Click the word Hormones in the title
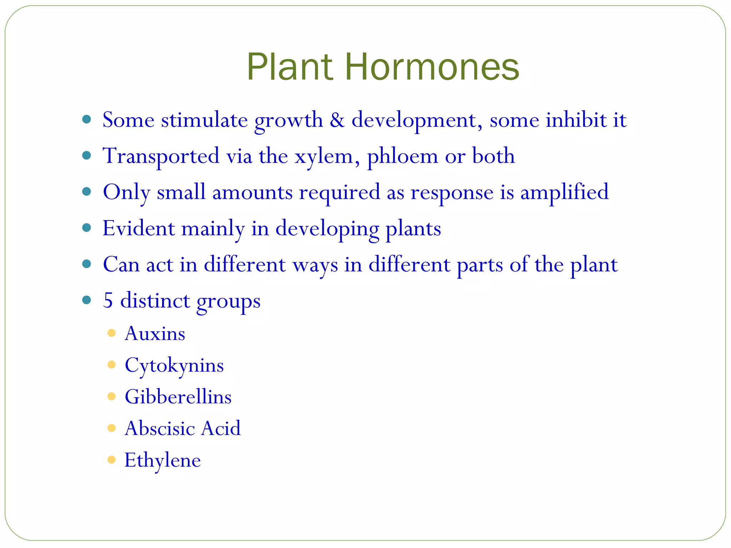pos(432,67)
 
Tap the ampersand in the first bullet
pos(337,120)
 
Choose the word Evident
pos(138,228)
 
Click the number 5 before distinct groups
pos(108,301)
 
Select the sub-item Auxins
pos(155,334)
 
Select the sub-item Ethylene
pos(162,460)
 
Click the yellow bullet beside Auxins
pos(111,333)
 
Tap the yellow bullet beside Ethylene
pos(111,460)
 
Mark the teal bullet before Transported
pos(86,156)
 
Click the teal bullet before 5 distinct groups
pos(86,300)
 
